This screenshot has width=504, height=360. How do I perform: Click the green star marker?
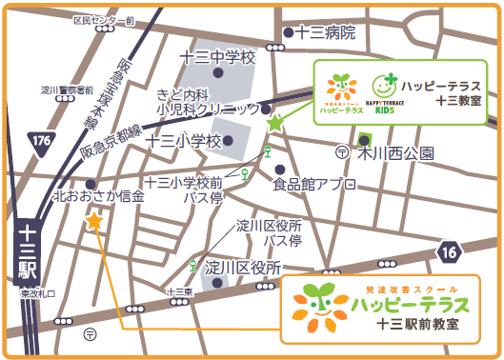pos(274,123)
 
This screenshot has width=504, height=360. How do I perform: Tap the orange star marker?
pos(94,221)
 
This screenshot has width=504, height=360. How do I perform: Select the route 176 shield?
pos(40,142)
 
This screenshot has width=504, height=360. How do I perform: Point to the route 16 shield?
pos(450,251)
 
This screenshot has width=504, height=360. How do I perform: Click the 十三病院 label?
pos(326,33)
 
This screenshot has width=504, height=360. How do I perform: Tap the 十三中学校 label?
pos(218,58)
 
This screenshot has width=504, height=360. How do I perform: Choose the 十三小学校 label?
pos(184,141)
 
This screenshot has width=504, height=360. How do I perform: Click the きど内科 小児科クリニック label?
pos(208,101)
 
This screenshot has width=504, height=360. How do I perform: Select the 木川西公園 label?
pos(395,152)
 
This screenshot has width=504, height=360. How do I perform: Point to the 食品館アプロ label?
pos(314,183)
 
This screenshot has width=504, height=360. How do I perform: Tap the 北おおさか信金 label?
pos(99,196)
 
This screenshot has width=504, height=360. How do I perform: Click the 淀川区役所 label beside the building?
pos(243,267)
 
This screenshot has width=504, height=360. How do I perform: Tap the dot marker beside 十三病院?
pos(288,34)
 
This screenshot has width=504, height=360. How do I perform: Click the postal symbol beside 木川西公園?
pos(342,152)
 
